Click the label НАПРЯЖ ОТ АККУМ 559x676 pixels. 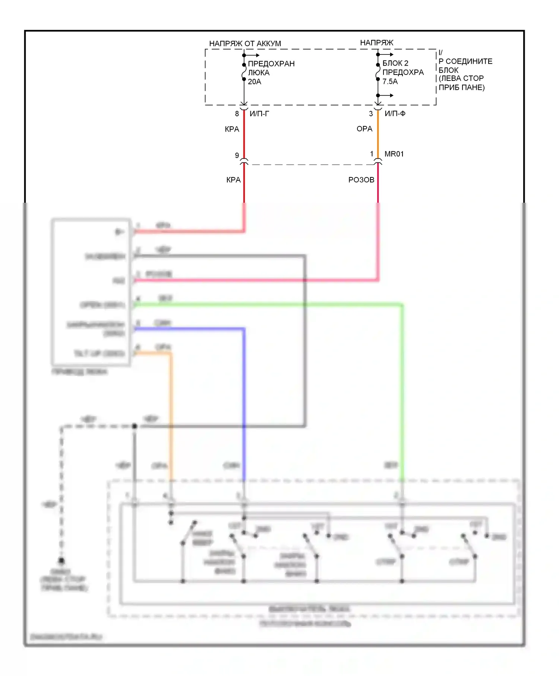245,44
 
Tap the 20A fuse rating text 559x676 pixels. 255,82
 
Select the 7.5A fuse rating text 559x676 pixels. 390,81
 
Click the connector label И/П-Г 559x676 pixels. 259,114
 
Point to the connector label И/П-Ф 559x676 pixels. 395,113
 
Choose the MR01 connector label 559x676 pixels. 394,154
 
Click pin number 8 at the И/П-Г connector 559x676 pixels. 237,114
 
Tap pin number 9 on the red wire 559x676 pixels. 237,155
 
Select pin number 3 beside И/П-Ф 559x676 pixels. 371,114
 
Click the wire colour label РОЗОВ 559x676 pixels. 361,180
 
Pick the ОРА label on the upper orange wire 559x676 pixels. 364,129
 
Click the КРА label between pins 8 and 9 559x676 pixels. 232,129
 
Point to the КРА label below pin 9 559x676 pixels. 233,180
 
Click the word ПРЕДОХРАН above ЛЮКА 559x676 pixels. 271,64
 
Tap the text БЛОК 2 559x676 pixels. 395,63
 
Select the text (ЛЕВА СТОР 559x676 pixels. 461,78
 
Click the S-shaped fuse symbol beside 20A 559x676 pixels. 244,72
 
